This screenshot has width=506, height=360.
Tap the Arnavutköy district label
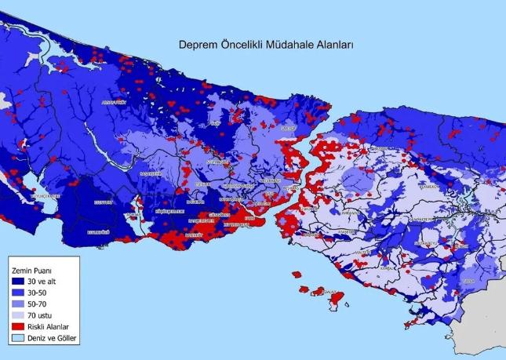pyautogui.click(x=113, y=102)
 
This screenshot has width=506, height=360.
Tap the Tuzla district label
pyautogui.click(x=468, y=279)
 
